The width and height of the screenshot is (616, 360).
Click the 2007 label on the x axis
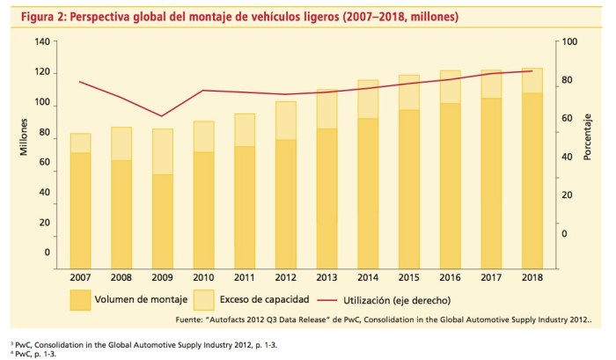tap(80, 276)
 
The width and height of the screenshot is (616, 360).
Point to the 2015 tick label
tap(408, 276)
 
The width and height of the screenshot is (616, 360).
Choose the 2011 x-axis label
tap(244, 276)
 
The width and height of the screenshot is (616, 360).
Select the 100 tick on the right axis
tap(570, 42)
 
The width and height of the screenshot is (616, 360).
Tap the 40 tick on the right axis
tap(568, 157)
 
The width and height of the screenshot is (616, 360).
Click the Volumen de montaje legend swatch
tap(80, 299)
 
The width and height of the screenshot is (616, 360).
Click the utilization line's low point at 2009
tap(162, 115)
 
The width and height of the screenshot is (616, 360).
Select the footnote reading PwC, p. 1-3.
tap(35, 354)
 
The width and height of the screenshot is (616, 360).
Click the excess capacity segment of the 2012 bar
tap(285, 121)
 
